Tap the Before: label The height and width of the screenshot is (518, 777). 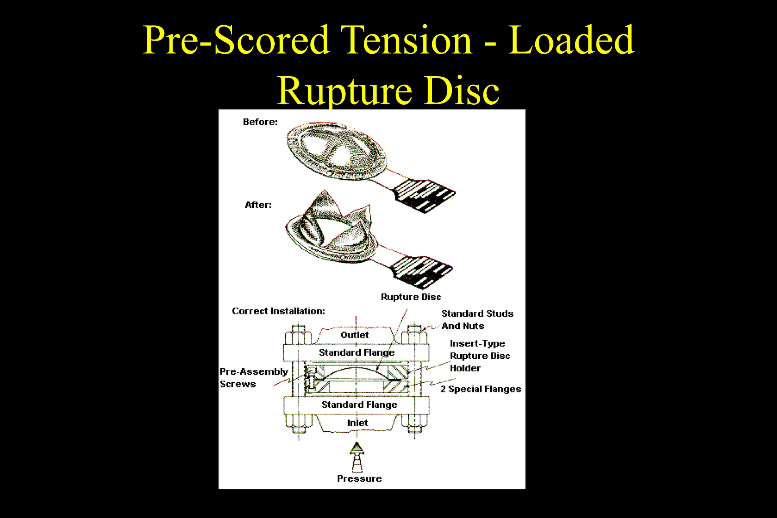tap(260, 122)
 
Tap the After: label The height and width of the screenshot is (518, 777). tap(258, 205)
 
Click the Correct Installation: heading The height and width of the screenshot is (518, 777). tap(278, 311)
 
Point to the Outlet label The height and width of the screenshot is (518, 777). tap(354, 335)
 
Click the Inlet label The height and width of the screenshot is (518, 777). tap(357, 423)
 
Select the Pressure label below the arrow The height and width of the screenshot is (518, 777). tap(359, 479)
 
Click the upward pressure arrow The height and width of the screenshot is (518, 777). tap(357, 457)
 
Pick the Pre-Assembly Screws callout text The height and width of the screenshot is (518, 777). tap(253, 378)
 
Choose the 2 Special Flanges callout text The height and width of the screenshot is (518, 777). tap(481, 389)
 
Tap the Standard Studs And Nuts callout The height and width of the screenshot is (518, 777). tap(477, 320)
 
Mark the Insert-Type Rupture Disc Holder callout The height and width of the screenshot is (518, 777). tap(480, 356)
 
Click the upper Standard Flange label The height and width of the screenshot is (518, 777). tap(357, 353)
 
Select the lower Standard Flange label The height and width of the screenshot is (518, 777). tap(359, 405)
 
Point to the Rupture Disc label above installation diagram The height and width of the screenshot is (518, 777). tap(411, 297)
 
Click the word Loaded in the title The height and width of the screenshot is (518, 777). tap(571, 40)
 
